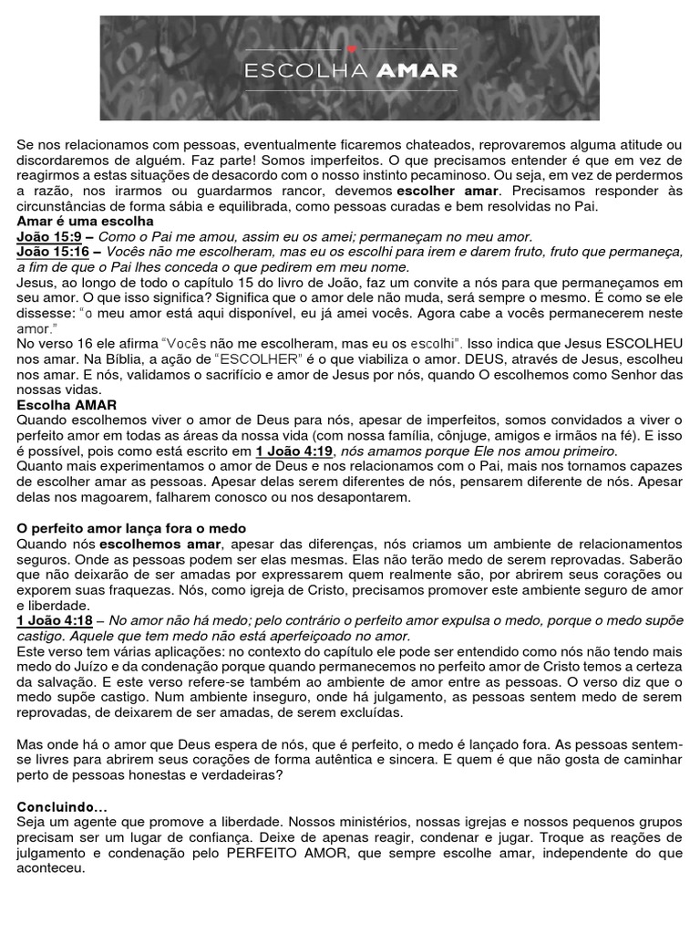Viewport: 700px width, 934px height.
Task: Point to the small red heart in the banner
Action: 351,48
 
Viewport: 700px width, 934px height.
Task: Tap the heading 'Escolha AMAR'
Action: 67,404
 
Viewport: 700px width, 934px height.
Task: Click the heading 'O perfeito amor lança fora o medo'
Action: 131,528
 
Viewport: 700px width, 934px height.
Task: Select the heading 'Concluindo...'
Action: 61,807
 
